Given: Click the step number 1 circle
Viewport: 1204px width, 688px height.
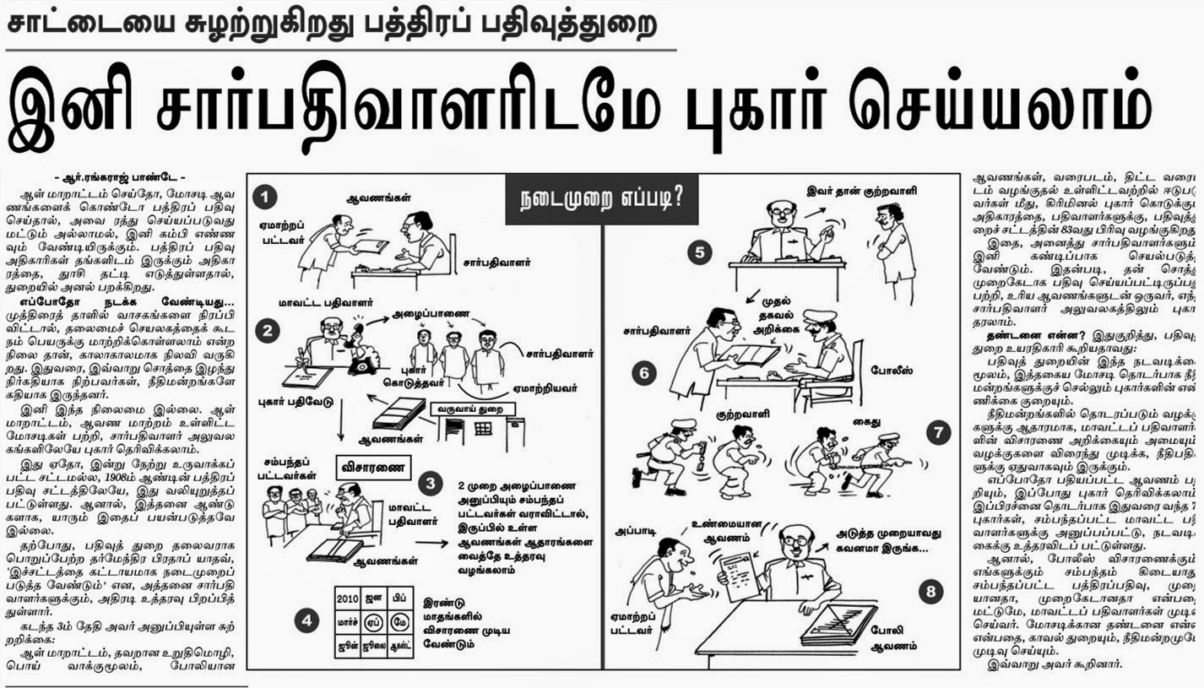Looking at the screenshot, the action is tap(266, 198).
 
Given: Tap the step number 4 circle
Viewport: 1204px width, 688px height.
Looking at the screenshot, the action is tap(306, 620).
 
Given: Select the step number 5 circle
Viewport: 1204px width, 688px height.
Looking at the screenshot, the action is tap(698, 252).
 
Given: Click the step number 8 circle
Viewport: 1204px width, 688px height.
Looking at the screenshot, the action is tap(930, 592).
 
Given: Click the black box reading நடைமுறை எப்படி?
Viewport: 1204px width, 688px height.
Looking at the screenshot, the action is tap(601, 199).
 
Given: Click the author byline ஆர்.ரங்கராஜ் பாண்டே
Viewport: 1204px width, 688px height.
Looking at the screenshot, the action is tap(123, 180).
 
